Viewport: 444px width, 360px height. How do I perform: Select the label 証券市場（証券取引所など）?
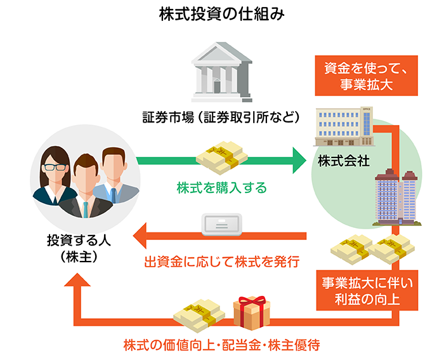pos(221,117)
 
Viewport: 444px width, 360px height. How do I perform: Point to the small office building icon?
pos(343,126)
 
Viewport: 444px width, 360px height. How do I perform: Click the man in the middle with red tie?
pos(84,184)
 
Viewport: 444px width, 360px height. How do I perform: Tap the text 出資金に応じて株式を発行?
pos(222,260)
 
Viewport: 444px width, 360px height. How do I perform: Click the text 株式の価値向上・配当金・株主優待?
pos(221,345)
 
